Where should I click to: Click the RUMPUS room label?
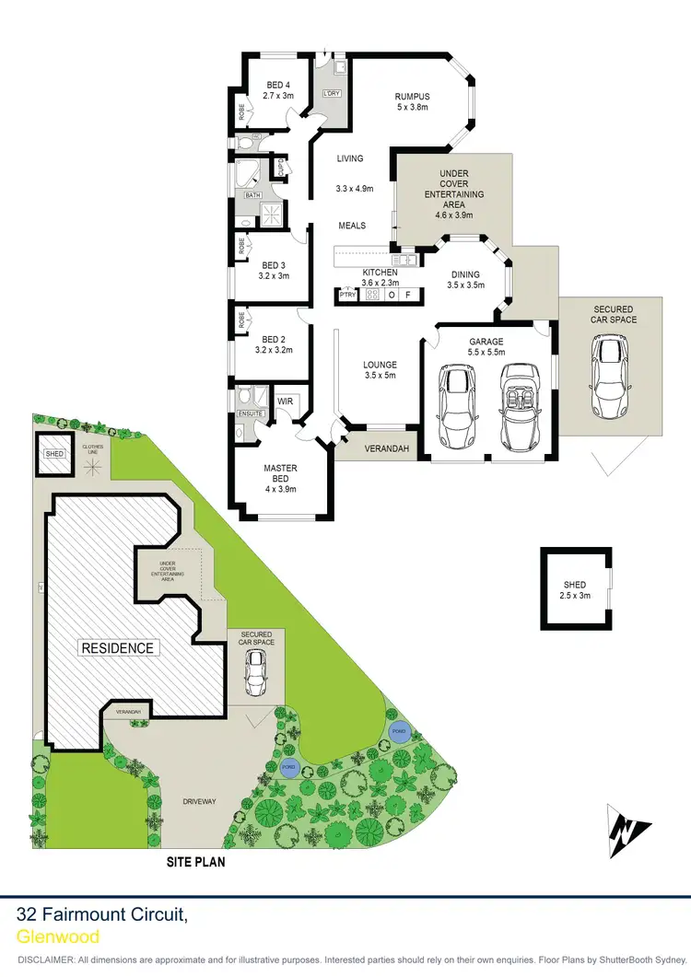point(412,97)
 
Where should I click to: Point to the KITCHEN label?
point(380,273)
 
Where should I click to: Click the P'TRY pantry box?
point(347,296)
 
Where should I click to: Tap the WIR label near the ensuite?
point(286,400)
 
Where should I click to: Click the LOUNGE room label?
point(380,364)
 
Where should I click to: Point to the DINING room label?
point(464,273)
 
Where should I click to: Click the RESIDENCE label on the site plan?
point(118,647)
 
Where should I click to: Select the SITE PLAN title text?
point(195,863)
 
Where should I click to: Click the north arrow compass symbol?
point(628,826)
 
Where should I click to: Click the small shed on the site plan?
point(53,454)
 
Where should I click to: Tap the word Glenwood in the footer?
point(58,936)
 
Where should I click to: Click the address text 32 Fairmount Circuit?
point(103,915)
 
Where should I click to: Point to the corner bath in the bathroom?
point(247,175)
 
